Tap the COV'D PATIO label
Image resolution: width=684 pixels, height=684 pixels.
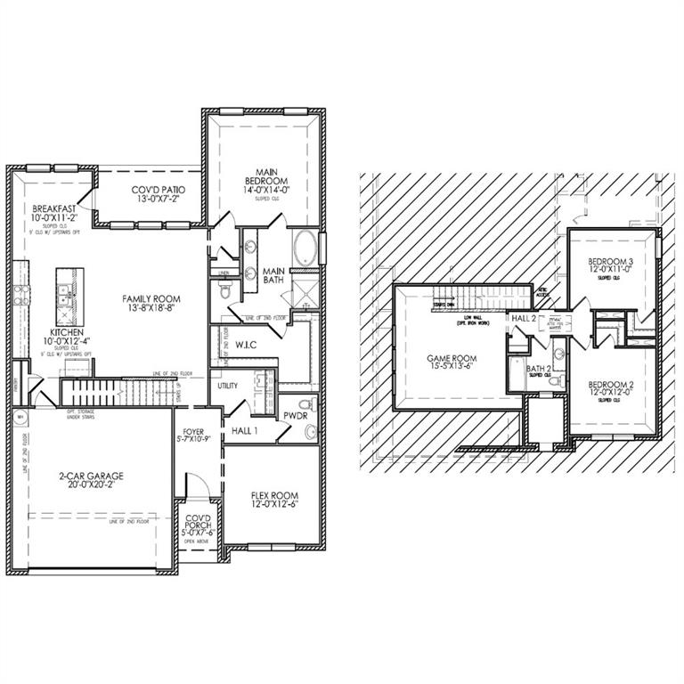[x=151, y=190]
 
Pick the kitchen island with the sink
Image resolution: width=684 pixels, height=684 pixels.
[x=69, y=294]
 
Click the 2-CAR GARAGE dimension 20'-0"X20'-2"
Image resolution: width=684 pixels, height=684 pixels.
[x=86, y=487]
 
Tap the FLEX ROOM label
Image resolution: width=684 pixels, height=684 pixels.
[x=274, y=495]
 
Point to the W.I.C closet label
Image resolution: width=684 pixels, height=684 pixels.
[x=247, y=344]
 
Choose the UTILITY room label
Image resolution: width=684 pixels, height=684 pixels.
[x=226, y=387]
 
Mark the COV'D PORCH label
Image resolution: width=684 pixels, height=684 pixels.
[x=197, y=522]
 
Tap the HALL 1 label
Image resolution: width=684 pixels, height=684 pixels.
[x=245, y=430]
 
